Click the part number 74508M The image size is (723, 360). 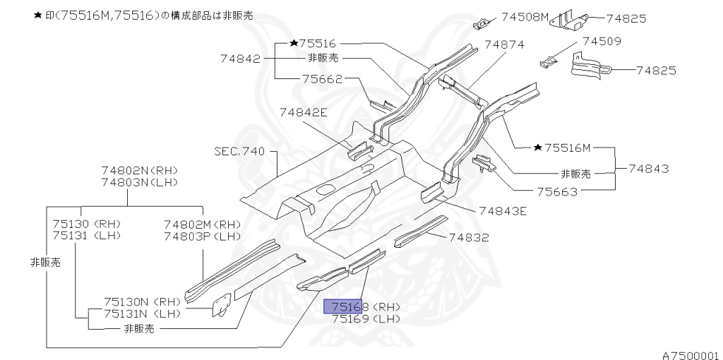tap(525, 18)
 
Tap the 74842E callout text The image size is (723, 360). tap(303, 112)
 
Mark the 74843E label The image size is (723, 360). tap(502, 210)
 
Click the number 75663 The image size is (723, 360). tap(556, 191)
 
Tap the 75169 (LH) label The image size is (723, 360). tap(366, 318)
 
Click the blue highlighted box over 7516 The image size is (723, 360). tap(342, 306)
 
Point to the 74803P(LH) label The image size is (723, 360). tap(203, 236)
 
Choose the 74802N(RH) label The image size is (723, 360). tap(139, 170)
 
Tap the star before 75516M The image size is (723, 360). tap(538, 148)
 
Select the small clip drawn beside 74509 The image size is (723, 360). tap(549, 63)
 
